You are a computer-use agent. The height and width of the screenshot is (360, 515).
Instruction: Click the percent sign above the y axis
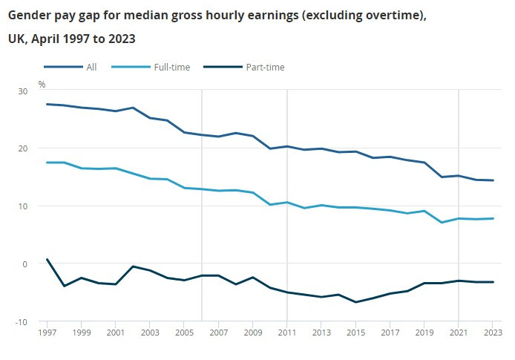[42, 84]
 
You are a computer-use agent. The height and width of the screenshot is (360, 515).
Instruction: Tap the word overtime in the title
[389, 14]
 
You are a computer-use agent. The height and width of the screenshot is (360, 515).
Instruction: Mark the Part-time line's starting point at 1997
[47, 259]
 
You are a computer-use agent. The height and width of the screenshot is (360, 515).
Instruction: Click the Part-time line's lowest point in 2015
[355, 302]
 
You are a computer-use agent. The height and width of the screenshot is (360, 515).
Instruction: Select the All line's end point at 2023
[493, 180]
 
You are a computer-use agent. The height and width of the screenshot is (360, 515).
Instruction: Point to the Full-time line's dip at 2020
[442, 223]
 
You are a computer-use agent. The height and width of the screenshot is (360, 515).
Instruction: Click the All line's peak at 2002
[133, 108]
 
